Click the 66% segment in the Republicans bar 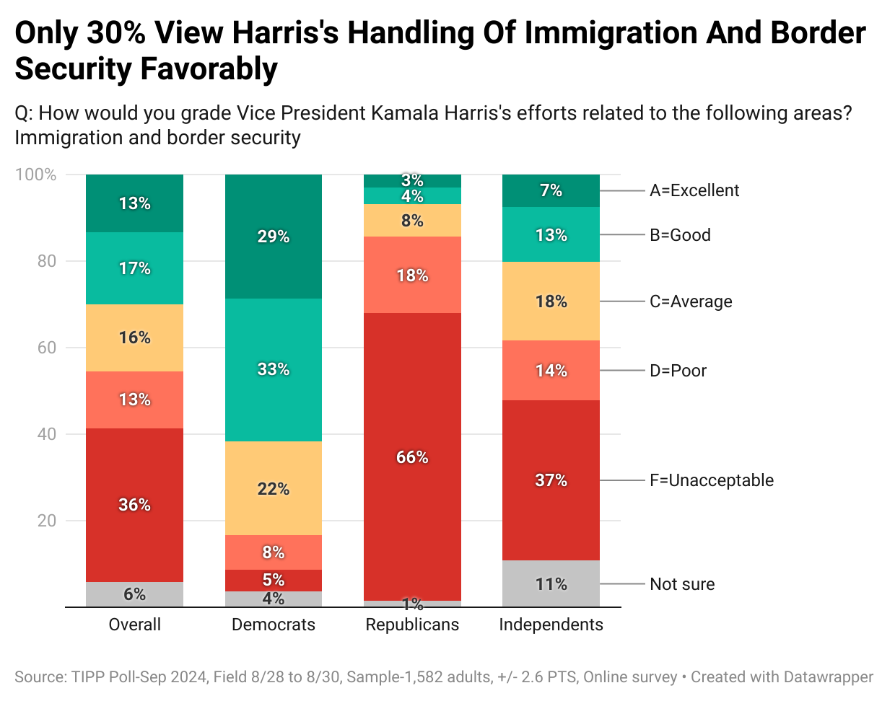[412, 457]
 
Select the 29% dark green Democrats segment [274, 237]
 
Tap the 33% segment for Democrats [274, 369]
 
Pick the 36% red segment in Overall [134, 504]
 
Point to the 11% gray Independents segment [551, 583]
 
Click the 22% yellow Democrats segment [274, 488]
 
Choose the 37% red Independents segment [551, 480]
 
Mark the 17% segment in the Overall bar [134, 268]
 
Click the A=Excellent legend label [694, 190]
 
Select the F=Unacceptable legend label [711, 480]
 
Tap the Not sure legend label [682, 584]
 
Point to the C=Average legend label [691, 301]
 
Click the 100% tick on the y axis [35, 175]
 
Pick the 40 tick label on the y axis [46, 434]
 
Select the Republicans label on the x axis [412, 625]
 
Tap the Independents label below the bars [551, 625]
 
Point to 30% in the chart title [115, 33]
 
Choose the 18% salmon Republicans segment [412, 275]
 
